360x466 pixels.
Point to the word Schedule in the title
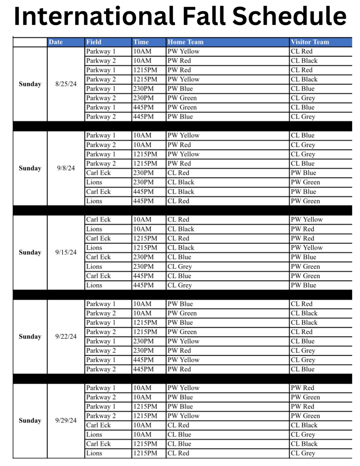[x=290, y=16]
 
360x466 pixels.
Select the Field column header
[x=94, y=42]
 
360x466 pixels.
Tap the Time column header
[x=141, y=42]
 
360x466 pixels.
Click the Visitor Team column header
[x=310, y=42]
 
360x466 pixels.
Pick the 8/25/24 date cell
[x=66, y=84]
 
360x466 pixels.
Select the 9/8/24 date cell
[x=66, y=168]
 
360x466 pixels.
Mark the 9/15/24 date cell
[x=66, y=253]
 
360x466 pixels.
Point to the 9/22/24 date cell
[x=66, y=337]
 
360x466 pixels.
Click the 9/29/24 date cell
[x=66, y=420]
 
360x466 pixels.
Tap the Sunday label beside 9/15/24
[x=30, y=253]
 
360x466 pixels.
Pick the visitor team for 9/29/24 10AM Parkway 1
[x=303, y=388]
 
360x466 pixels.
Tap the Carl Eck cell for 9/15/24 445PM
[x=98, y=276]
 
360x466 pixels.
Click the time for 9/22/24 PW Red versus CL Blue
[x=143, y=370]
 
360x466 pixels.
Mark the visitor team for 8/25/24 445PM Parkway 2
[x=303, y=117]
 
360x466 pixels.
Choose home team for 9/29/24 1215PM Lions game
[x=177, y=453]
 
